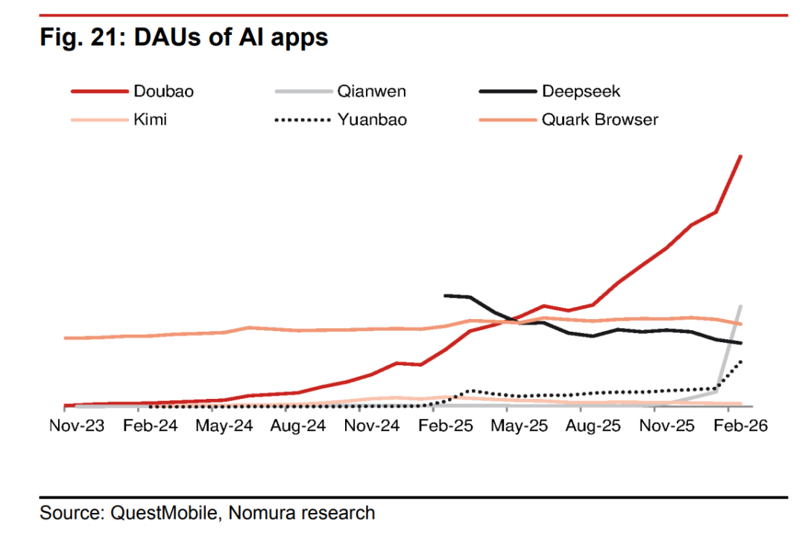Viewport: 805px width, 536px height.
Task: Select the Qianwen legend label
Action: pos(371,92)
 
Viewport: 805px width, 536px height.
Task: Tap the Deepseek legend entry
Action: pos(581,92)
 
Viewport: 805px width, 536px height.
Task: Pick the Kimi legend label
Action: pos(150,119)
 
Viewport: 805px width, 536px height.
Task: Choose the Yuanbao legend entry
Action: pos(372,119)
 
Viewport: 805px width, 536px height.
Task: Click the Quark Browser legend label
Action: pos(599,119)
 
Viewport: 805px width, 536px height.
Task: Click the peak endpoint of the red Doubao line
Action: pos(740,156)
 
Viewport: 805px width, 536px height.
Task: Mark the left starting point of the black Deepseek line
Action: pos(445,295)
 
